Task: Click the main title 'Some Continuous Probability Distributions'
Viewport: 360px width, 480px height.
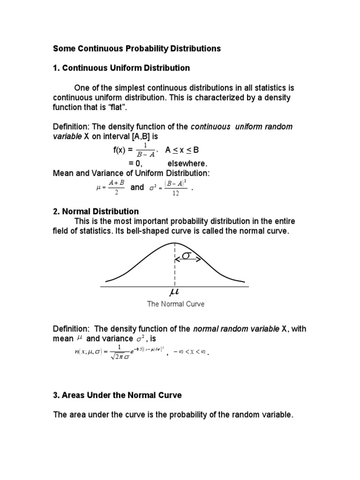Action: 136,48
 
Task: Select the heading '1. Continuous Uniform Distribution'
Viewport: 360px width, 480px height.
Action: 121,68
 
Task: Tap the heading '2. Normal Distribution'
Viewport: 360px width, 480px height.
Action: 96,211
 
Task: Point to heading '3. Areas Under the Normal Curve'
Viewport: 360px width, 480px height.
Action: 117,395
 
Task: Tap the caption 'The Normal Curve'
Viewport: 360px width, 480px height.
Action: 176,304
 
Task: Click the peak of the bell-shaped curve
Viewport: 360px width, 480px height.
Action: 175,243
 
